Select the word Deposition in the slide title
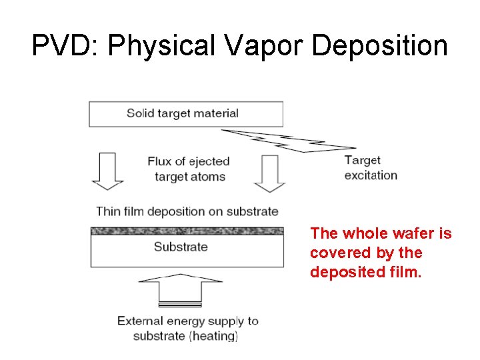tap(381, 46)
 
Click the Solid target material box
tap(186, 113)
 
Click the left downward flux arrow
tap(108, 172)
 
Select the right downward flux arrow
tap(269, 173)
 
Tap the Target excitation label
tap(370, 167)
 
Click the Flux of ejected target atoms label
tap(189, 169)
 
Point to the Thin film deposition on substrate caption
tap(187, 211)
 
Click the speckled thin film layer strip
tap(187, 231)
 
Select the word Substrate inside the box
tap(181, 247)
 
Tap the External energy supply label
tap(187, 321)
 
